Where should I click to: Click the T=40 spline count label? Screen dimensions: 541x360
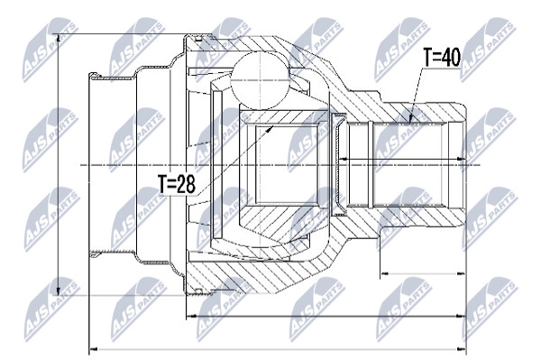[442, 58]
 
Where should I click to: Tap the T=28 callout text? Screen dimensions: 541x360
[177, 184]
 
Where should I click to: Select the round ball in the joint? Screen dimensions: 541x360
[260, 81]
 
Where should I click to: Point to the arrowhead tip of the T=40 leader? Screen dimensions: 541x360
[409, 124]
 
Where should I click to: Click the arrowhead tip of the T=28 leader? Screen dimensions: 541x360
[273, 126]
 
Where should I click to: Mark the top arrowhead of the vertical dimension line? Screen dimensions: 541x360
[58, 35]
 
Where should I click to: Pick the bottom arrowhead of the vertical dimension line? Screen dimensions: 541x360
[58, 294]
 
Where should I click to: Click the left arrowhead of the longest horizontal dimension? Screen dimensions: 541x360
[89, 349]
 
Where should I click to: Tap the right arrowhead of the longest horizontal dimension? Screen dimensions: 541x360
[465, 349]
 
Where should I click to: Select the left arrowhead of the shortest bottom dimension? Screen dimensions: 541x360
[381, 273]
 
